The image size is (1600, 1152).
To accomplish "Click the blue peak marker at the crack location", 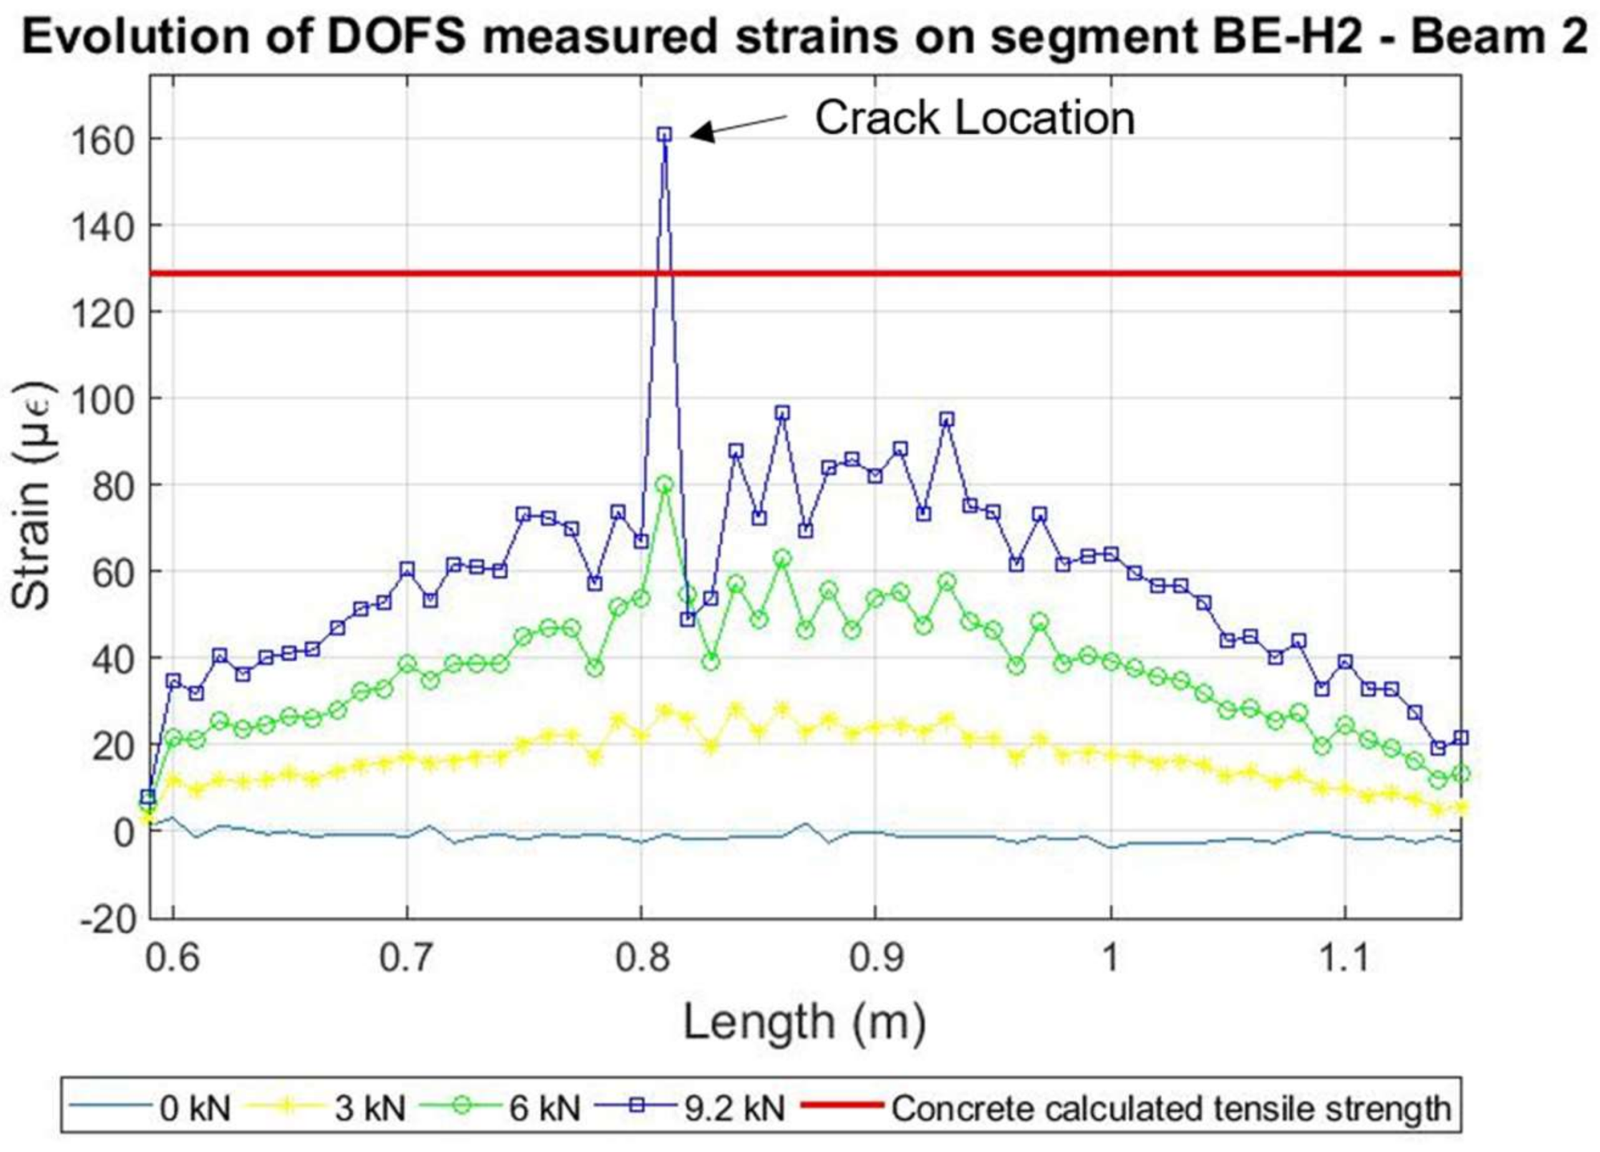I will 664,134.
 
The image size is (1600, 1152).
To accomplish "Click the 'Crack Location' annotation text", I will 974,117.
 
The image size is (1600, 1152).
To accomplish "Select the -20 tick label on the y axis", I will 107,919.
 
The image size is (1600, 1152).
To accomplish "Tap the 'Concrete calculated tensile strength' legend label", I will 1171,1108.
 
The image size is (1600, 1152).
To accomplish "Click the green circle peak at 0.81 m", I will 664,484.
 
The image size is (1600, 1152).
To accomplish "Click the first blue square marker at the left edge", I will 148,797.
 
